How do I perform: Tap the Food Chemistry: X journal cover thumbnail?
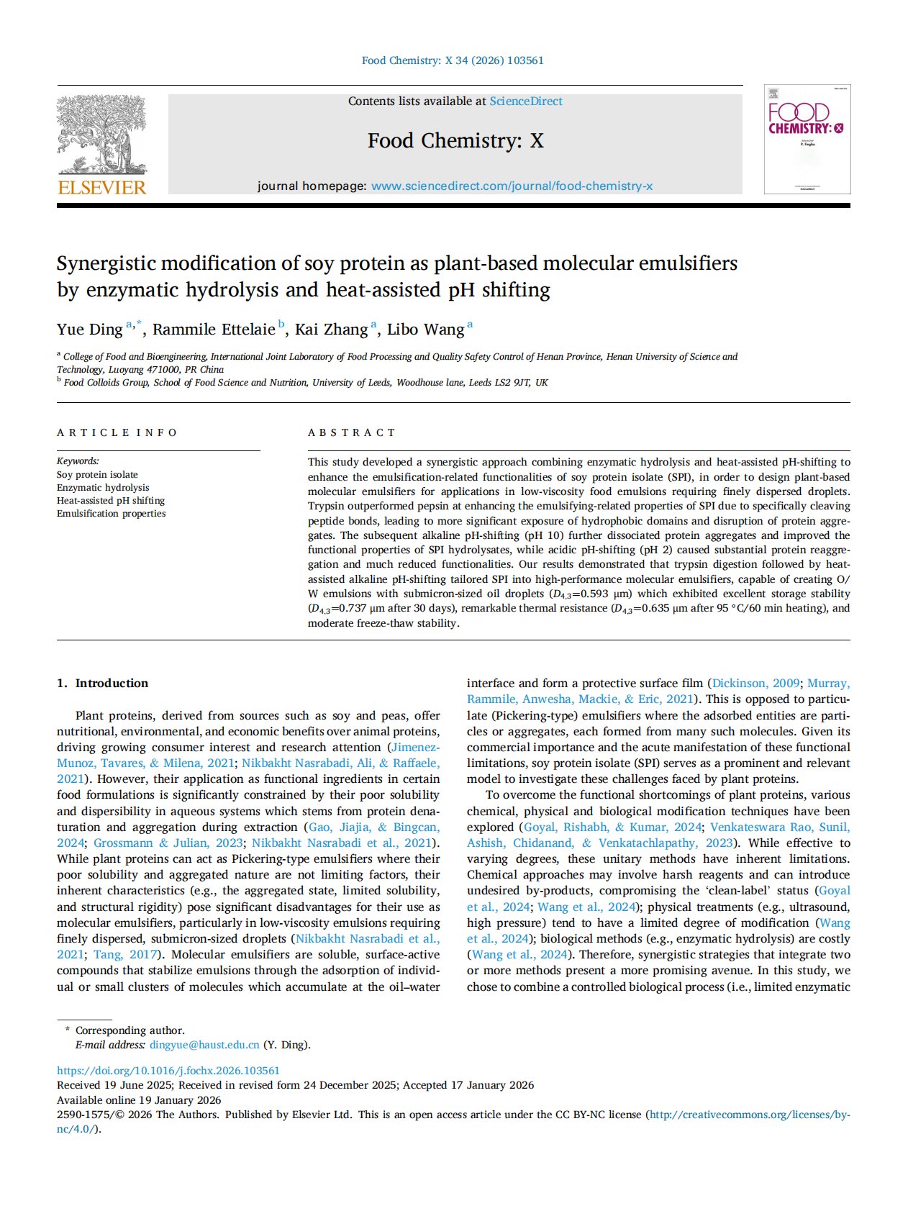807,139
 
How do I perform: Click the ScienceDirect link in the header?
526,101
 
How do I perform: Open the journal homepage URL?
512,186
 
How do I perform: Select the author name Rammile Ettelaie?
214,330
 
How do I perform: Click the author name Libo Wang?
425,330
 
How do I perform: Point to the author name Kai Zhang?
331,330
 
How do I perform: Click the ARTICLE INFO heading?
117,432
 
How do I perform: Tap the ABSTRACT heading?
352,432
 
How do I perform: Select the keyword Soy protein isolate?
97,475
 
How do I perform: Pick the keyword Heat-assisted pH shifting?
111,501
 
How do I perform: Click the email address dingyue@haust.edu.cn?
204,1045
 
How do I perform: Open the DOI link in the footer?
168,1071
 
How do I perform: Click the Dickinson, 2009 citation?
755,683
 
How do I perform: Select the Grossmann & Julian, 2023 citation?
167,843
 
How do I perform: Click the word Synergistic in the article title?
116,263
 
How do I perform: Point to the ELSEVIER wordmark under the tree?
101,188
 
